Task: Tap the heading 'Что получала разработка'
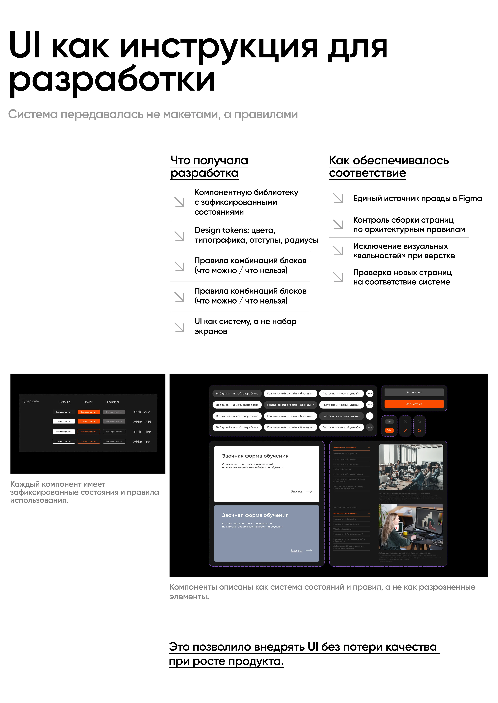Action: (209, 167)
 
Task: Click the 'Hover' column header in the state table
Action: (88, 402)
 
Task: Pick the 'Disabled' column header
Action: (112, 402)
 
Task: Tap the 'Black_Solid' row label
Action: (141, 412)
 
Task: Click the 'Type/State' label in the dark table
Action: (30, 401)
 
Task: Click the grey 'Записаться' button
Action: (414, 392)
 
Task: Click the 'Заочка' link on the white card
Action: (297, 491)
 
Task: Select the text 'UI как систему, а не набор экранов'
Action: (245, 326)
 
